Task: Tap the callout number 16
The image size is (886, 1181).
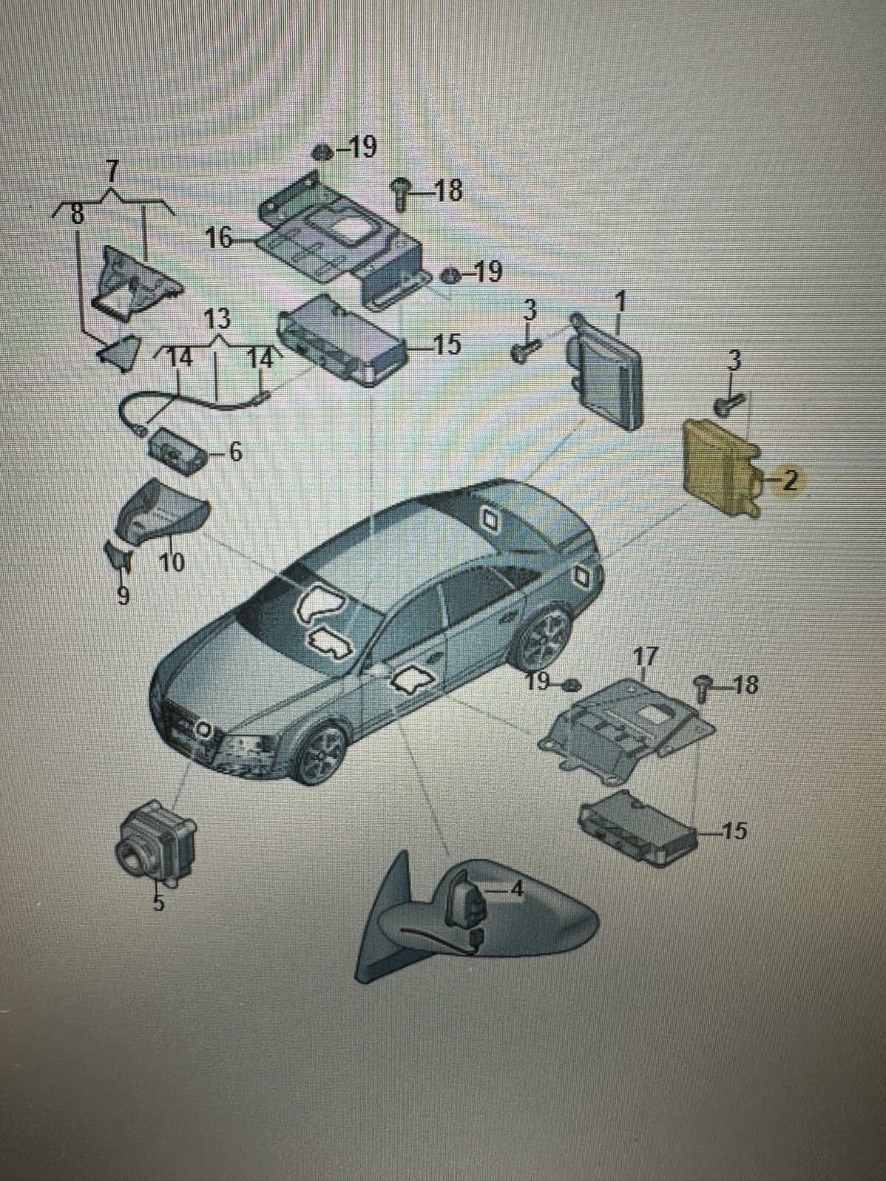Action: point(218,238)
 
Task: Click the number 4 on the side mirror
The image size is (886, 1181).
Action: point(517,889)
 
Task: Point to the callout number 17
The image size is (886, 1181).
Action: point(645,655)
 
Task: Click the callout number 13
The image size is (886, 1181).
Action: point(217,319)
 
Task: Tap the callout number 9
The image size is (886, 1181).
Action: point(123,594)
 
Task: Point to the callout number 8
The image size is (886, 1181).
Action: point(76,216)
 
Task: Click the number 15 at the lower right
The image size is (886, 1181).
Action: point(735,831)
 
